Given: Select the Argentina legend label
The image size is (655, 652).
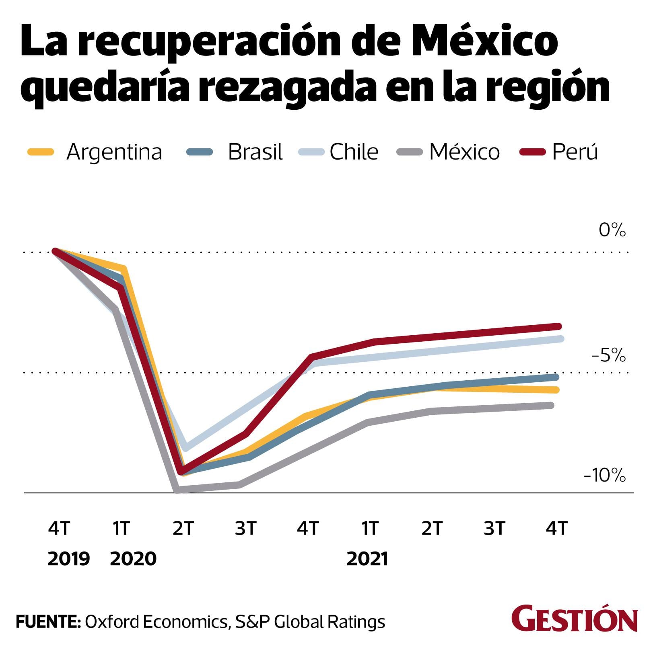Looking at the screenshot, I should (114, 152).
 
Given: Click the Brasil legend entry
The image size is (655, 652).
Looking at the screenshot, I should (255, 152).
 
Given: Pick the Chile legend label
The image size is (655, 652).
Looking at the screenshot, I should (354, 152).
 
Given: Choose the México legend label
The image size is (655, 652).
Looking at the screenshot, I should (464, 152).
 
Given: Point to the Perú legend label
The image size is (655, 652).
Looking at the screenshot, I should (575, 152).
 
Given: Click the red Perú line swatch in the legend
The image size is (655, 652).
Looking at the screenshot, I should (532, 152).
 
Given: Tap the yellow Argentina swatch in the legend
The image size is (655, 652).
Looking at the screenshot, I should (41, 152).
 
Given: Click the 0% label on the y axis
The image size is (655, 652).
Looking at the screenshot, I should (612, 230).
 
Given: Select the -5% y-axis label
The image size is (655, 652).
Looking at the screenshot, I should (608, 356).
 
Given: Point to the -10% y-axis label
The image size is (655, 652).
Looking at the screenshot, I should (605, 476).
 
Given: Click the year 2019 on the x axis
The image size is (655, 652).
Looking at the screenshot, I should (68, 559).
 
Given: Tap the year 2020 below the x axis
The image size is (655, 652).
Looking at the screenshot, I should (133, 559).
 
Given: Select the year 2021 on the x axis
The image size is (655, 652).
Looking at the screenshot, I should (367, 559).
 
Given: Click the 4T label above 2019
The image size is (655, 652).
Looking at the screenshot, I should (59, 528).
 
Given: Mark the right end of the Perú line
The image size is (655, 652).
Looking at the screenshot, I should (558, 326).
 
